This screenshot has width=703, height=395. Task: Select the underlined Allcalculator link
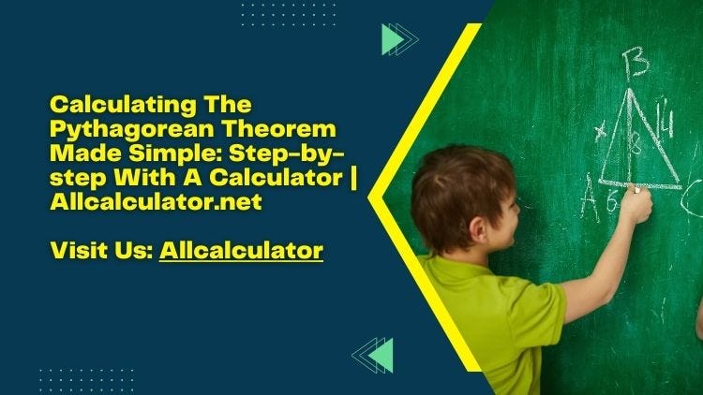pos(241,251)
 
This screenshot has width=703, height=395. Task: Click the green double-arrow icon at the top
pos(399,38)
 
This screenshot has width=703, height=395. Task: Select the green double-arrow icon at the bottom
pos(373,356)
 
